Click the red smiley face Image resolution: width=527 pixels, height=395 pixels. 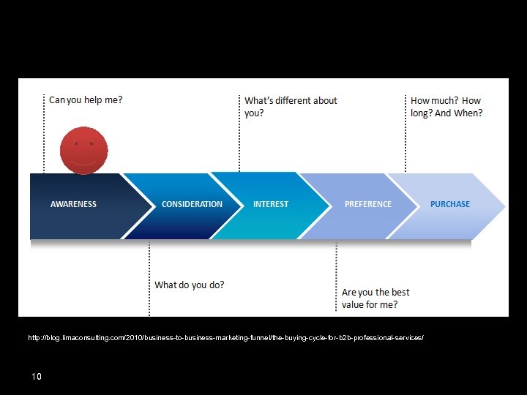pyautogui.click(x=83, y=151)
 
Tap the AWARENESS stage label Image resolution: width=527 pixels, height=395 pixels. pyautogui.click(x=73, y=204)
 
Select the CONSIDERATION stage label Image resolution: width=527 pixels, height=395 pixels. pyautogui.click(x=192, y=204)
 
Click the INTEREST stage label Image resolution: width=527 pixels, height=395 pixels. pyautogui.click(x=271, y=204)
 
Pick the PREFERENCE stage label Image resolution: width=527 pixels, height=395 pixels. pyautogui.click(x=368, y=204)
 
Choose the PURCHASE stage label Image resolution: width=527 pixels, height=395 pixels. pyautogui.click(x=450, y=204)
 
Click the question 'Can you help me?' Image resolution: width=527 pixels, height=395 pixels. pyautogui.click(x=86, y=99)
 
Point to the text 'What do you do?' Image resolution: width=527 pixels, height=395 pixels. pyautogui.click(x=189, y=285)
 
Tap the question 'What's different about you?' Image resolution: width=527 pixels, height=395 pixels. pyautogui.click(x=291, y=107)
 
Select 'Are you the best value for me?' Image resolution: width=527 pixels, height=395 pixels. pyautogui.click(x=375, y=298)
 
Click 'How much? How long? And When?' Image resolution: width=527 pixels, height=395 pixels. pyautogui.click(x=446, y=107)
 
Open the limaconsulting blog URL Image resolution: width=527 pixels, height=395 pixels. pyautogui.click(x=225, y=338)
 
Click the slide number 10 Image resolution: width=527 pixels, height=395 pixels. pyautogui.click(x=37, y=376)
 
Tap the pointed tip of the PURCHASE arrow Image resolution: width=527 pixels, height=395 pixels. pyautogui.click(x=503, y=206)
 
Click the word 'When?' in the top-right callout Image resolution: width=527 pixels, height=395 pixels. pyautogui.click(x=469, y=113)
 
